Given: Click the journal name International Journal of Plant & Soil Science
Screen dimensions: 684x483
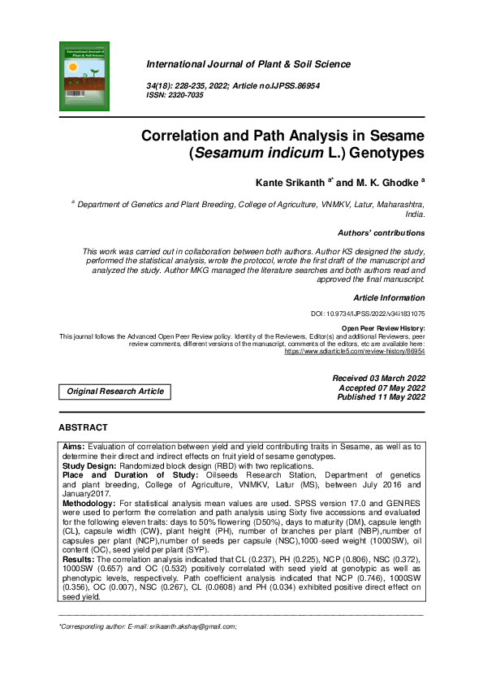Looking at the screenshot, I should (248, 64).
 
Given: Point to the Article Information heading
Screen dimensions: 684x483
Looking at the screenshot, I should (389, 297).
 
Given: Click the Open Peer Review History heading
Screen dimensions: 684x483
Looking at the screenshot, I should (382, 327).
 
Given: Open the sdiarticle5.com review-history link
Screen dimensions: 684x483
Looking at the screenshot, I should (354, 353).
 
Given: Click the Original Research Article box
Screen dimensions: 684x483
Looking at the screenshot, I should (115, 392).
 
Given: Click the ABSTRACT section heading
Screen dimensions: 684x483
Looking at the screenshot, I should (83, 427).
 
